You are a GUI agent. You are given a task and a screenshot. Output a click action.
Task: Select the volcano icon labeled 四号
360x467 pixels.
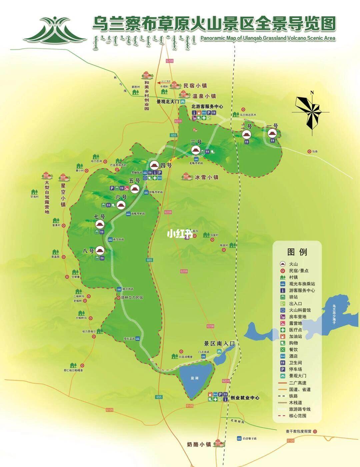(x=154, y=165)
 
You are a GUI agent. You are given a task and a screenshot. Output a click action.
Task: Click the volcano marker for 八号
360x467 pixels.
(x=100, y=250)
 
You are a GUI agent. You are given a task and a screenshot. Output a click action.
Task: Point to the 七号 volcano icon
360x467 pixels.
(x=100, y=224)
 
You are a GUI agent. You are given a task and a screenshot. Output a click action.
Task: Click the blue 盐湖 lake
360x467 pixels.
(x=195, y=379)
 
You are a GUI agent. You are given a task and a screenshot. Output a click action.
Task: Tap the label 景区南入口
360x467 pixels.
(x=220, y=343)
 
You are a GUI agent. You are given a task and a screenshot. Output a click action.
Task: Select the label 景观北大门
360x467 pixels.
(x=168, y=101)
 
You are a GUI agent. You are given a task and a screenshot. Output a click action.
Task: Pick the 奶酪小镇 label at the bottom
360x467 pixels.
(x=199, y=444)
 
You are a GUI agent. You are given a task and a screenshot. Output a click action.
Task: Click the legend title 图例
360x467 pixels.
(x=297, y=252)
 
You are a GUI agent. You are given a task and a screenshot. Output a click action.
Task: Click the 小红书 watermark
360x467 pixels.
(x=180, y=234)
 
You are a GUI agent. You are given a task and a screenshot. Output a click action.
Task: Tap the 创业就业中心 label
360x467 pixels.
(x=245, y=398)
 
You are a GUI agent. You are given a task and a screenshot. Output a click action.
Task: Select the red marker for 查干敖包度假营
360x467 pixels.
(x=315, y=431)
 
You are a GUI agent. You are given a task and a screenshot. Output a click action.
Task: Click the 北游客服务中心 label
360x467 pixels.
(x=207, y=107)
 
